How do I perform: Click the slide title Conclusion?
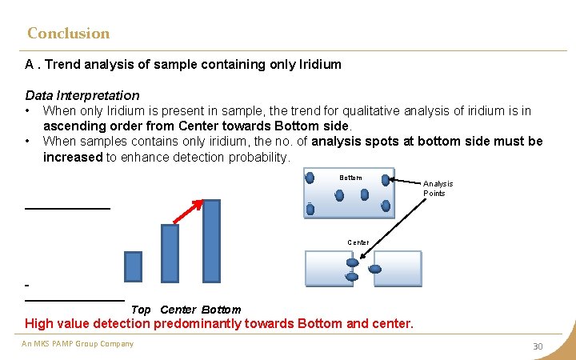68,34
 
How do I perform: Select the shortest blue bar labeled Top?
133,266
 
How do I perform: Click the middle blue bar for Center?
170,253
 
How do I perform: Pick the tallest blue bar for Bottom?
211,241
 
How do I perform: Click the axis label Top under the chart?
141,310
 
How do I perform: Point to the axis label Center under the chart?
178,310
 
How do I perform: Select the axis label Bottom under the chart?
221,310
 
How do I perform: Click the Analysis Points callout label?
438,189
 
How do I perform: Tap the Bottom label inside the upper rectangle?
350,178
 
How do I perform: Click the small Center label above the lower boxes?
358,242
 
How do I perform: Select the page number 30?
538,346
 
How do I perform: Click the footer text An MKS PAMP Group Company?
78,344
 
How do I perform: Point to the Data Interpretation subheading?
82,95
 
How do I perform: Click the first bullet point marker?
28,111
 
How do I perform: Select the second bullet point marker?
28,142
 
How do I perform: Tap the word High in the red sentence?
41,324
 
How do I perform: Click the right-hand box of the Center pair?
398,267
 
